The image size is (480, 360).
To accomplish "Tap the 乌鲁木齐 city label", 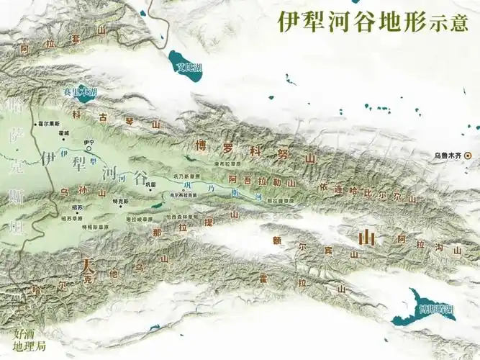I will pyautogui.click(x=448, y=155).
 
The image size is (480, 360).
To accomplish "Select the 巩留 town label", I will pyautogui.click(x=150, y=184).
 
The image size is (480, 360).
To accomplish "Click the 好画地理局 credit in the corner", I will pyautogui.click(x=30, y=340).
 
